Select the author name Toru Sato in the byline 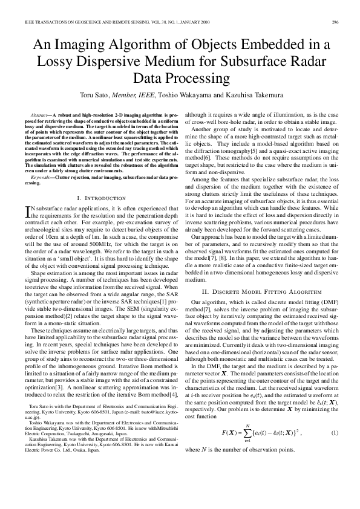pos(94,95)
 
